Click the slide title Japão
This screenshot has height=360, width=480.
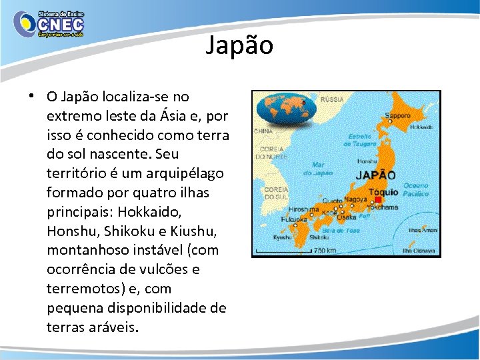239,46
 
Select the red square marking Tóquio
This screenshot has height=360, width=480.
377,200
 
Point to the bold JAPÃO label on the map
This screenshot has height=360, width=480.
376,176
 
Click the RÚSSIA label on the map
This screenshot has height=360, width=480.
332,99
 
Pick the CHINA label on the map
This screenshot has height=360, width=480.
263,131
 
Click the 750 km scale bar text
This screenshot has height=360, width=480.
325,251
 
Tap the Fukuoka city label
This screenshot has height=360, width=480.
294,219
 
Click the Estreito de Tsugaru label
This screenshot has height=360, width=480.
359,139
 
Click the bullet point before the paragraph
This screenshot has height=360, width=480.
32,96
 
